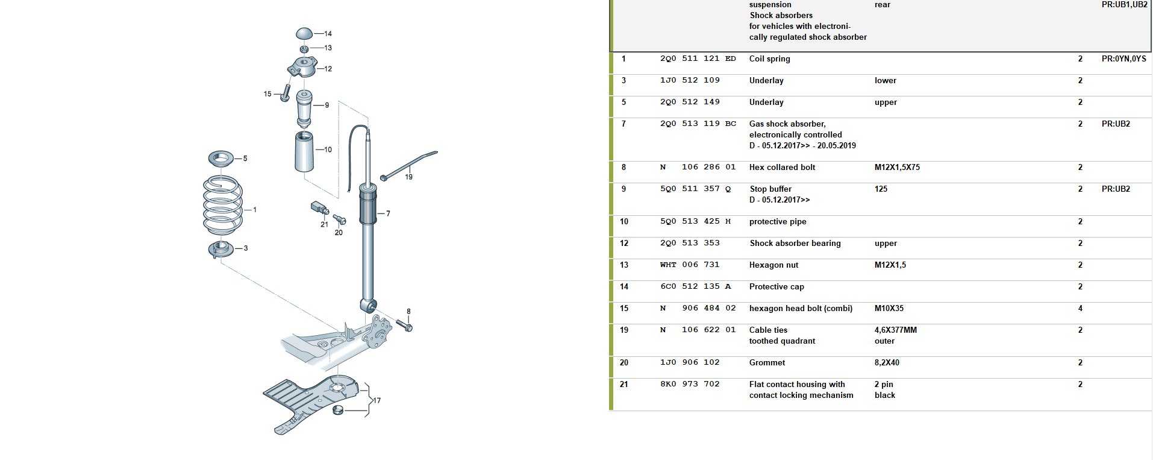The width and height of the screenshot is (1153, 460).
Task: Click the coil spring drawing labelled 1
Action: tap(223, 205)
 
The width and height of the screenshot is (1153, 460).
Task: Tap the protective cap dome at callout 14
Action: tap(305, 33)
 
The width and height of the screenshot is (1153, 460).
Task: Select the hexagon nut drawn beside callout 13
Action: tap(304, 48)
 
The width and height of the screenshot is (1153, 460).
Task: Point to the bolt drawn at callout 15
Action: tap(286, 92)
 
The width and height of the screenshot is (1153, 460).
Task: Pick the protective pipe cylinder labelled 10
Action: tap(304, 151)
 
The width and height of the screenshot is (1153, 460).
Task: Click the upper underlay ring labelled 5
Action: tap(221, 159)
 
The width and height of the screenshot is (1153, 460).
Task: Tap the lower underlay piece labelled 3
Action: tap(220, 248)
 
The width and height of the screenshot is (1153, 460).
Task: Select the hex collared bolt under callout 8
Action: tap(404, 326)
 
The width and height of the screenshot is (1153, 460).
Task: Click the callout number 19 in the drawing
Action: tap(409, 177)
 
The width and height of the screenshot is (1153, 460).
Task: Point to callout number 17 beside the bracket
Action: tap(377, 400)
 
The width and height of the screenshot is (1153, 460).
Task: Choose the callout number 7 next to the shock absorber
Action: tap(388, 213)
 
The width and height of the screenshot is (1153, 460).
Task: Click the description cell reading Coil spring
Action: tap(769, 58)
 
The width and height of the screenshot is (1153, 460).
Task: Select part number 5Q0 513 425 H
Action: tap(695, 221)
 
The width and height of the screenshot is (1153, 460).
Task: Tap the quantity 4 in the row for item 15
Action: tap(1080, 308)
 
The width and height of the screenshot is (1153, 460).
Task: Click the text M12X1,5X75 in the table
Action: tap(897, 167)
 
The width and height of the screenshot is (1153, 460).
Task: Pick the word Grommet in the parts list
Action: tap(767, 362)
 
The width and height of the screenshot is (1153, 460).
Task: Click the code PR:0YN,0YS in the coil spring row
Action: tap(1123, 58)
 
